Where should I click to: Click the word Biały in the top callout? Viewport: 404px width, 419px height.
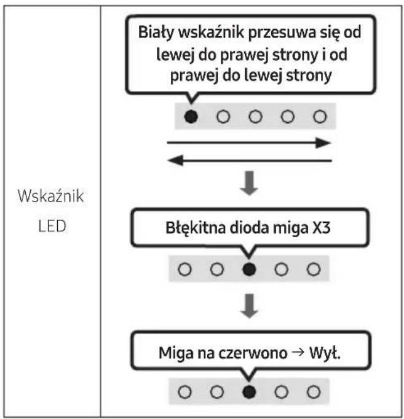[156, 33]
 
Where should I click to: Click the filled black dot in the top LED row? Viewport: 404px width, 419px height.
[191, 117]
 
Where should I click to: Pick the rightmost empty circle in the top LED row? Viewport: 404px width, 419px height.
[320, 117]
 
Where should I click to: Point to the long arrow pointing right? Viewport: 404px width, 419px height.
[249, 143]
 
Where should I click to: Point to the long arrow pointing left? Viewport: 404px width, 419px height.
[250, 160]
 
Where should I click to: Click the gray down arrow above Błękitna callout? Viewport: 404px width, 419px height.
[249, 183]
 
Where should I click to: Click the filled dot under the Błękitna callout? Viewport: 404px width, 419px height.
[249, 269]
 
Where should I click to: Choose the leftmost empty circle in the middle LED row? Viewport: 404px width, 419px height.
[184, 269]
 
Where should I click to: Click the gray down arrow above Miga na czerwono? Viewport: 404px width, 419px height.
[249, 306]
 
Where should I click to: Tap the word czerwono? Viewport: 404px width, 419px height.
[253, 353]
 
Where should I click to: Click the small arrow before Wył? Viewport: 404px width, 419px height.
[298, 353]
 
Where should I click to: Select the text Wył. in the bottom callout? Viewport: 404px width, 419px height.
[325, 353]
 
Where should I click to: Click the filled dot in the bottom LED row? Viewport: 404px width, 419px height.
[249, 392]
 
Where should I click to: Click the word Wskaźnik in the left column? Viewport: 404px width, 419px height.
[51, 196]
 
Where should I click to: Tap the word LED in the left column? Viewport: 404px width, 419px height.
[52, 226]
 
